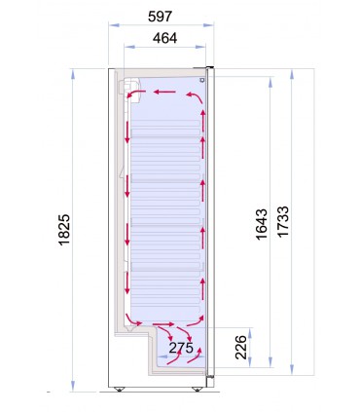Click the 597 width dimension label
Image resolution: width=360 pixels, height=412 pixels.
pyautogui.click(x=160, y=17)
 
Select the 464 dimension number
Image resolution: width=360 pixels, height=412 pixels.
pyautogui.click(x=165, y=38)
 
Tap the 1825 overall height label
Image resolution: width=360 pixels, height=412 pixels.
pyautogui.click(x=64, y=230)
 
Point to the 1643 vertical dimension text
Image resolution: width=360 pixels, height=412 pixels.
pyautogui.click(x=262, y=224)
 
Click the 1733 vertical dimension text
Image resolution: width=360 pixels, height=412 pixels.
pyautogui.click(x=283, y=221)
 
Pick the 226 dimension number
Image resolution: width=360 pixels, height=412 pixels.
pyautogui.click(x=240, y=347)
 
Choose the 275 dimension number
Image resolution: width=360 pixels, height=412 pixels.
pyautogui.click(x=181, y=348)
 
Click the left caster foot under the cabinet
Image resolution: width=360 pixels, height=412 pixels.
pyautogui.click(x=119, y=389)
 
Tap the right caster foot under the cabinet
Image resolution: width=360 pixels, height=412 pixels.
pyautogui.click(x=197, y=389)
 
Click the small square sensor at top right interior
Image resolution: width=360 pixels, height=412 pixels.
pyautogui.click(x=202, y=80)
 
